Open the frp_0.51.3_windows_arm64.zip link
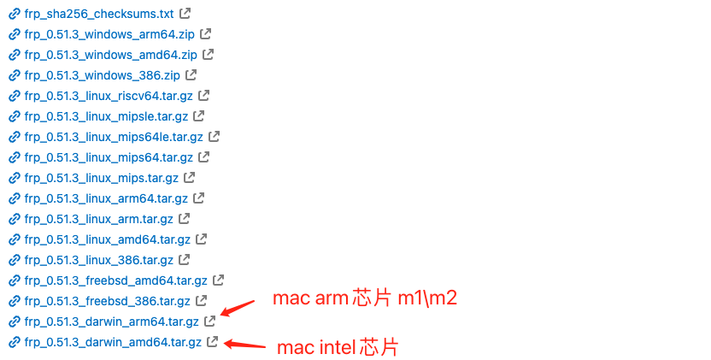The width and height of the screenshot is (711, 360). coord(110,34)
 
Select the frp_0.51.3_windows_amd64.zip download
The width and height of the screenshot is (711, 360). coord(111,55)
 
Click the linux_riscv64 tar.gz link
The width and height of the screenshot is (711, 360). coord(109,96)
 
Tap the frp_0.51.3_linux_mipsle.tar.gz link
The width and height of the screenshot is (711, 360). coord(106,116)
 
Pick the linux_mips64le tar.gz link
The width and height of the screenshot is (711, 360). coord(114,137)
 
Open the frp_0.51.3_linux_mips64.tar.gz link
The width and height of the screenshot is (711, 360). coord(109,157)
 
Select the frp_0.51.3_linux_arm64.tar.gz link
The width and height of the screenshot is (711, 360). coord(106,198)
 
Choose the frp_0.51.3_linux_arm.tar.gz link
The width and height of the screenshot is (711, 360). coord(100,219)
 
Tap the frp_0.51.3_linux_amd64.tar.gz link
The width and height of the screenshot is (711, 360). coord(107,239)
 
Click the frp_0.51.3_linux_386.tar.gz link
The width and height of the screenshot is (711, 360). coord(99,260)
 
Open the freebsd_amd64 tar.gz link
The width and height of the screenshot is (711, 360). coord(115,280)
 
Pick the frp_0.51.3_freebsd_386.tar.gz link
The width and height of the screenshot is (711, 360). coord(108,301)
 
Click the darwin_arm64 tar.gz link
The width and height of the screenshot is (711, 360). coord(111,322)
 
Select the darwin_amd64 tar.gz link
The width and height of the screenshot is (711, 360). coord(113,343)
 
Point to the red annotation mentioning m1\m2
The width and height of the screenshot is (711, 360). coord(365,299)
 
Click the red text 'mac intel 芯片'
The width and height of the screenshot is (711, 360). coord(338,347)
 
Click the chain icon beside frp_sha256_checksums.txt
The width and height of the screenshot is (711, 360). coord(14,14)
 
